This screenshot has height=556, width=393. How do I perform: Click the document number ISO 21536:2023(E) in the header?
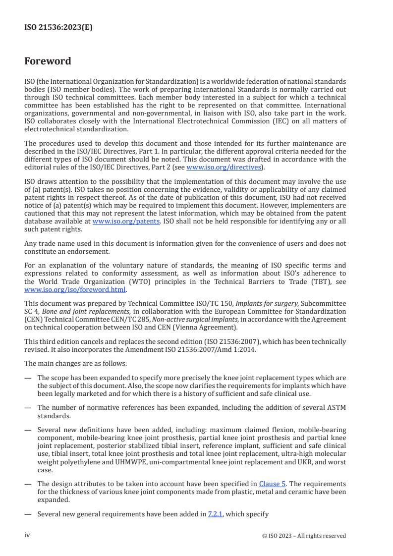58,28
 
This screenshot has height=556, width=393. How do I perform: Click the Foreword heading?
48,61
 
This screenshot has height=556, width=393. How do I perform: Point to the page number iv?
27,535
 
